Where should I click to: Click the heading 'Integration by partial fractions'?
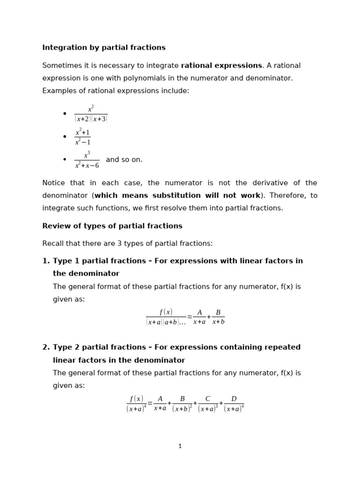pos(104,48)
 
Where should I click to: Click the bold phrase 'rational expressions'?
pos(221,66)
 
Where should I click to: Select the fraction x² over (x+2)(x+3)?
pos(91,114)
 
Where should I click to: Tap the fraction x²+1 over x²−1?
pos(82,137)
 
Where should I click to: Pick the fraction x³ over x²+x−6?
pos(87,160)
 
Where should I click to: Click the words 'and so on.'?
pos(124,160)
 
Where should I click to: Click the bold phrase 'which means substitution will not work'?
pos(177,195)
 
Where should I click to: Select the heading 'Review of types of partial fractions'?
pos(112,226)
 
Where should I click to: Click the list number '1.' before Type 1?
pos(46,261)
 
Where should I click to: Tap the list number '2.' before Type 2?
pos(46,347)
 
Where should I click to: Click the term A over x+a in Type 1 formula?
pos(199,317)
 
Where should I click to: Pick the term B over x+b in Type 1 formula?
pos(218,317)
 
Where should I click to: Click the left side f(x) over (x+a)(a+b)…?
pos(166,317)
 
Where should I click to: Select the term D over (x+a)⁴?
pos(234,404)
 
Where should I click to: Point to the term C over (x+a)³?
pos(208,404)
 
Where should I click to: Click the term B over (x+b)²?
pos(182,404)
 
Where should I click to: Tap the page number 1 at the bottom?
pos(180,446)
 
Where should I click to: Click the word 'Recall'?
pos(53,244)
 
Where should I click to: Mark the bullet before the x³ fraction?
pos(65,160)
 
